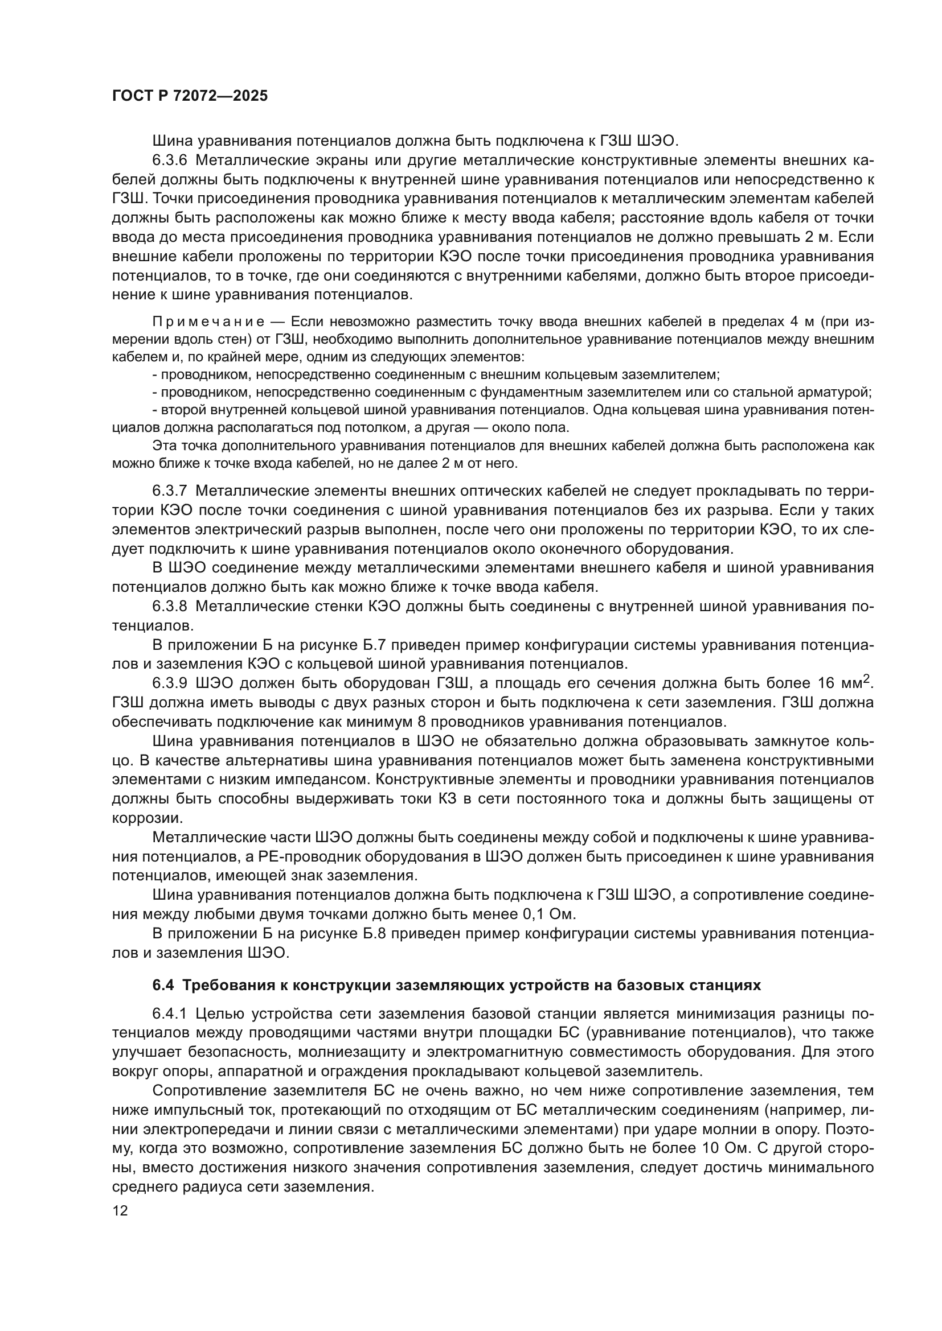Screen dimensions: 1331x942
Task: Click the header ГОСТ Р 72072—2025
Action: [x=190, y=96]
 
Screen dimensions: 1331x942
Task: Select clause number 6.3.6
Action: [x=170, y=160]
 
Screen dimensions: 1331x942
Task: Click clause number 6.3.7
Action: [x=170, y=491]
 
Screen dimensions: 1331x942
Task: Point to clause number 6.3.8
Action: [x=170, y=607]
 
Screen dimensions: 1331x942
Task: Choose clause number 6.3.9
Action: [x=170, y=683]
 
